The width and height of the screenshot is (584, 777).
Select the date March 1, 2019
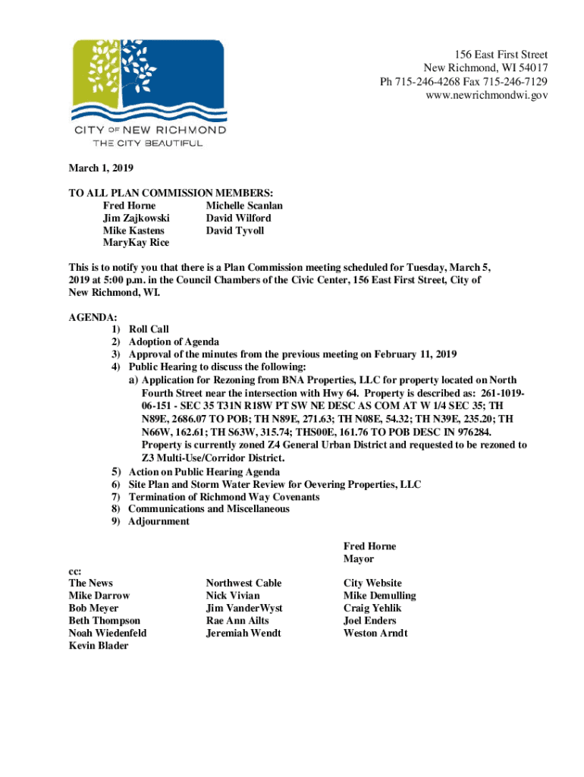pos(101,168)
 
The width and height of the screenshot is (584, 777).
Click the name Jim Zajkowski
pos(136,218)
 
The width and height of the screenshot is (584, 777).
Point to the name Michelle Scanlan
pos(244,206)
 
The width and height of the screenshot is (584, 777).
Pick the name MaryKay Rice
pos(136,243)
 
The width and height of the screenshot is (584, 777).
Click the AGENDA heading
pos(93,317)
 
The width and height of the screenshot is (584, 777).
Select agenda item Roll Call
pos(149,330)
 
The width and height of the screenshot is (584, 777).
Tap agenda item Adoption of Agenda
pos(174,342)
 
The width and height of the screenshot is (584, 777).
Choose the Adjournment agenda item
pos(159,521)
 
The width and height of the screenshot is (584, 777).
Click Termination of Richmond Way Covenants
pos(224,497)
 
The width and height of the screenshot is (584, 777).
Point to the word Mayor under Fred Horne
pos(359,558)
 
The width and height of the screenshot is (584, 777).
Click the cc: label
pos(75,571)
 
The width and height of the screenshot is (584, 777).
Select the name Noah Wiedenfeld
pos(108,633)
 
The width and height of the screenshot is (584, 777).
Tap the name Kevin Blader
pos(99,645)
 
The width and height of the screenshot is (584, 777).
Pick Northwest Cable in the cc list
pos(243,583)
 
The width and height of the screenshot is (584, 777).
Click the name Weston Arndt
pos(375,633)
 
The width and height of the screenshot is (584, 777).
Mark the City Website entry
pos(372,583)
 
